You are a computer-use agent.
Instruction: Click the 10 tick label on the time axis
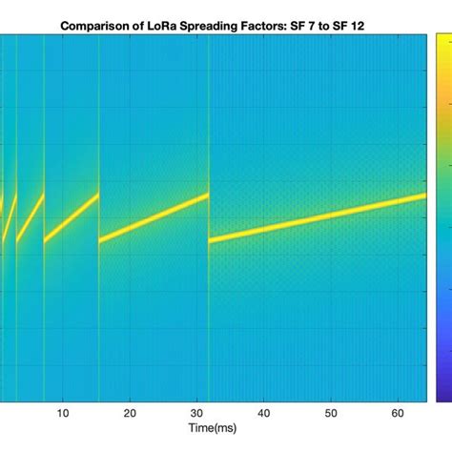click(x=62, y=413)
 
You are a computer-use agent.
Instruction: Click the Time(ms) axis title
click(x=212, y=430)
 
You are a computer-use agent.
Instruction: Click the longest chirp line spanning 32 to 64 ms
click(x=318, y=217)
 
